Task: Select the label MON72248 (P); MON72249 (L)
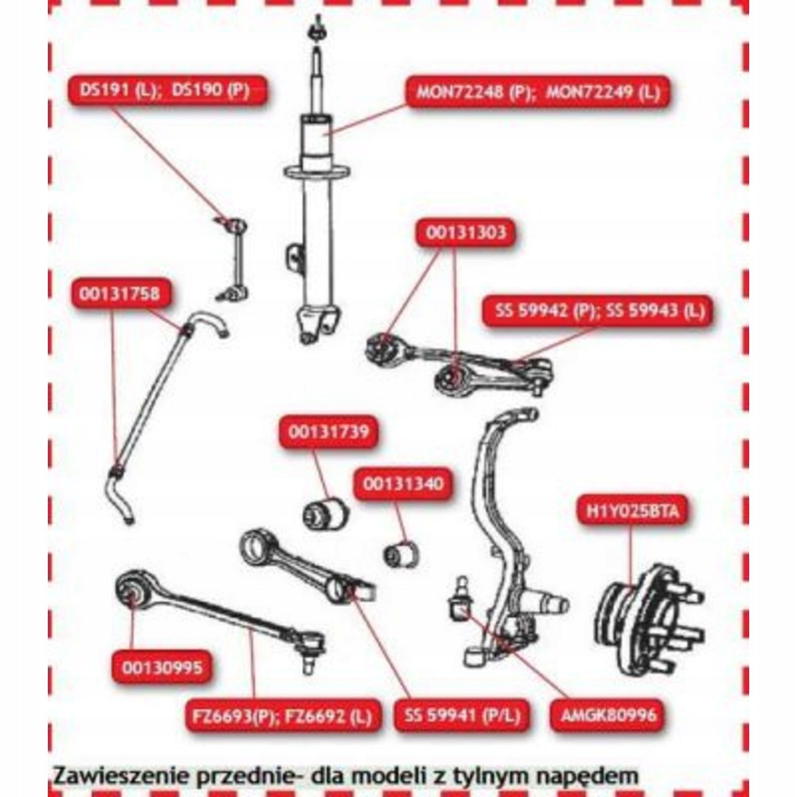538,92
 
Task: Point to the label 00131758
120,294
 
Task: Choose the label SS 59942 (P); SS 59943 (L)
599,310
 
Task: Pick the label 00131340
403,484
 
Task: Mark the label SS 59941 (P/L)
462,715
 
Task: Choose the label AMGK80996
608,715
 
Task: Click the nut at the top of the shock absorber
317,31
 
